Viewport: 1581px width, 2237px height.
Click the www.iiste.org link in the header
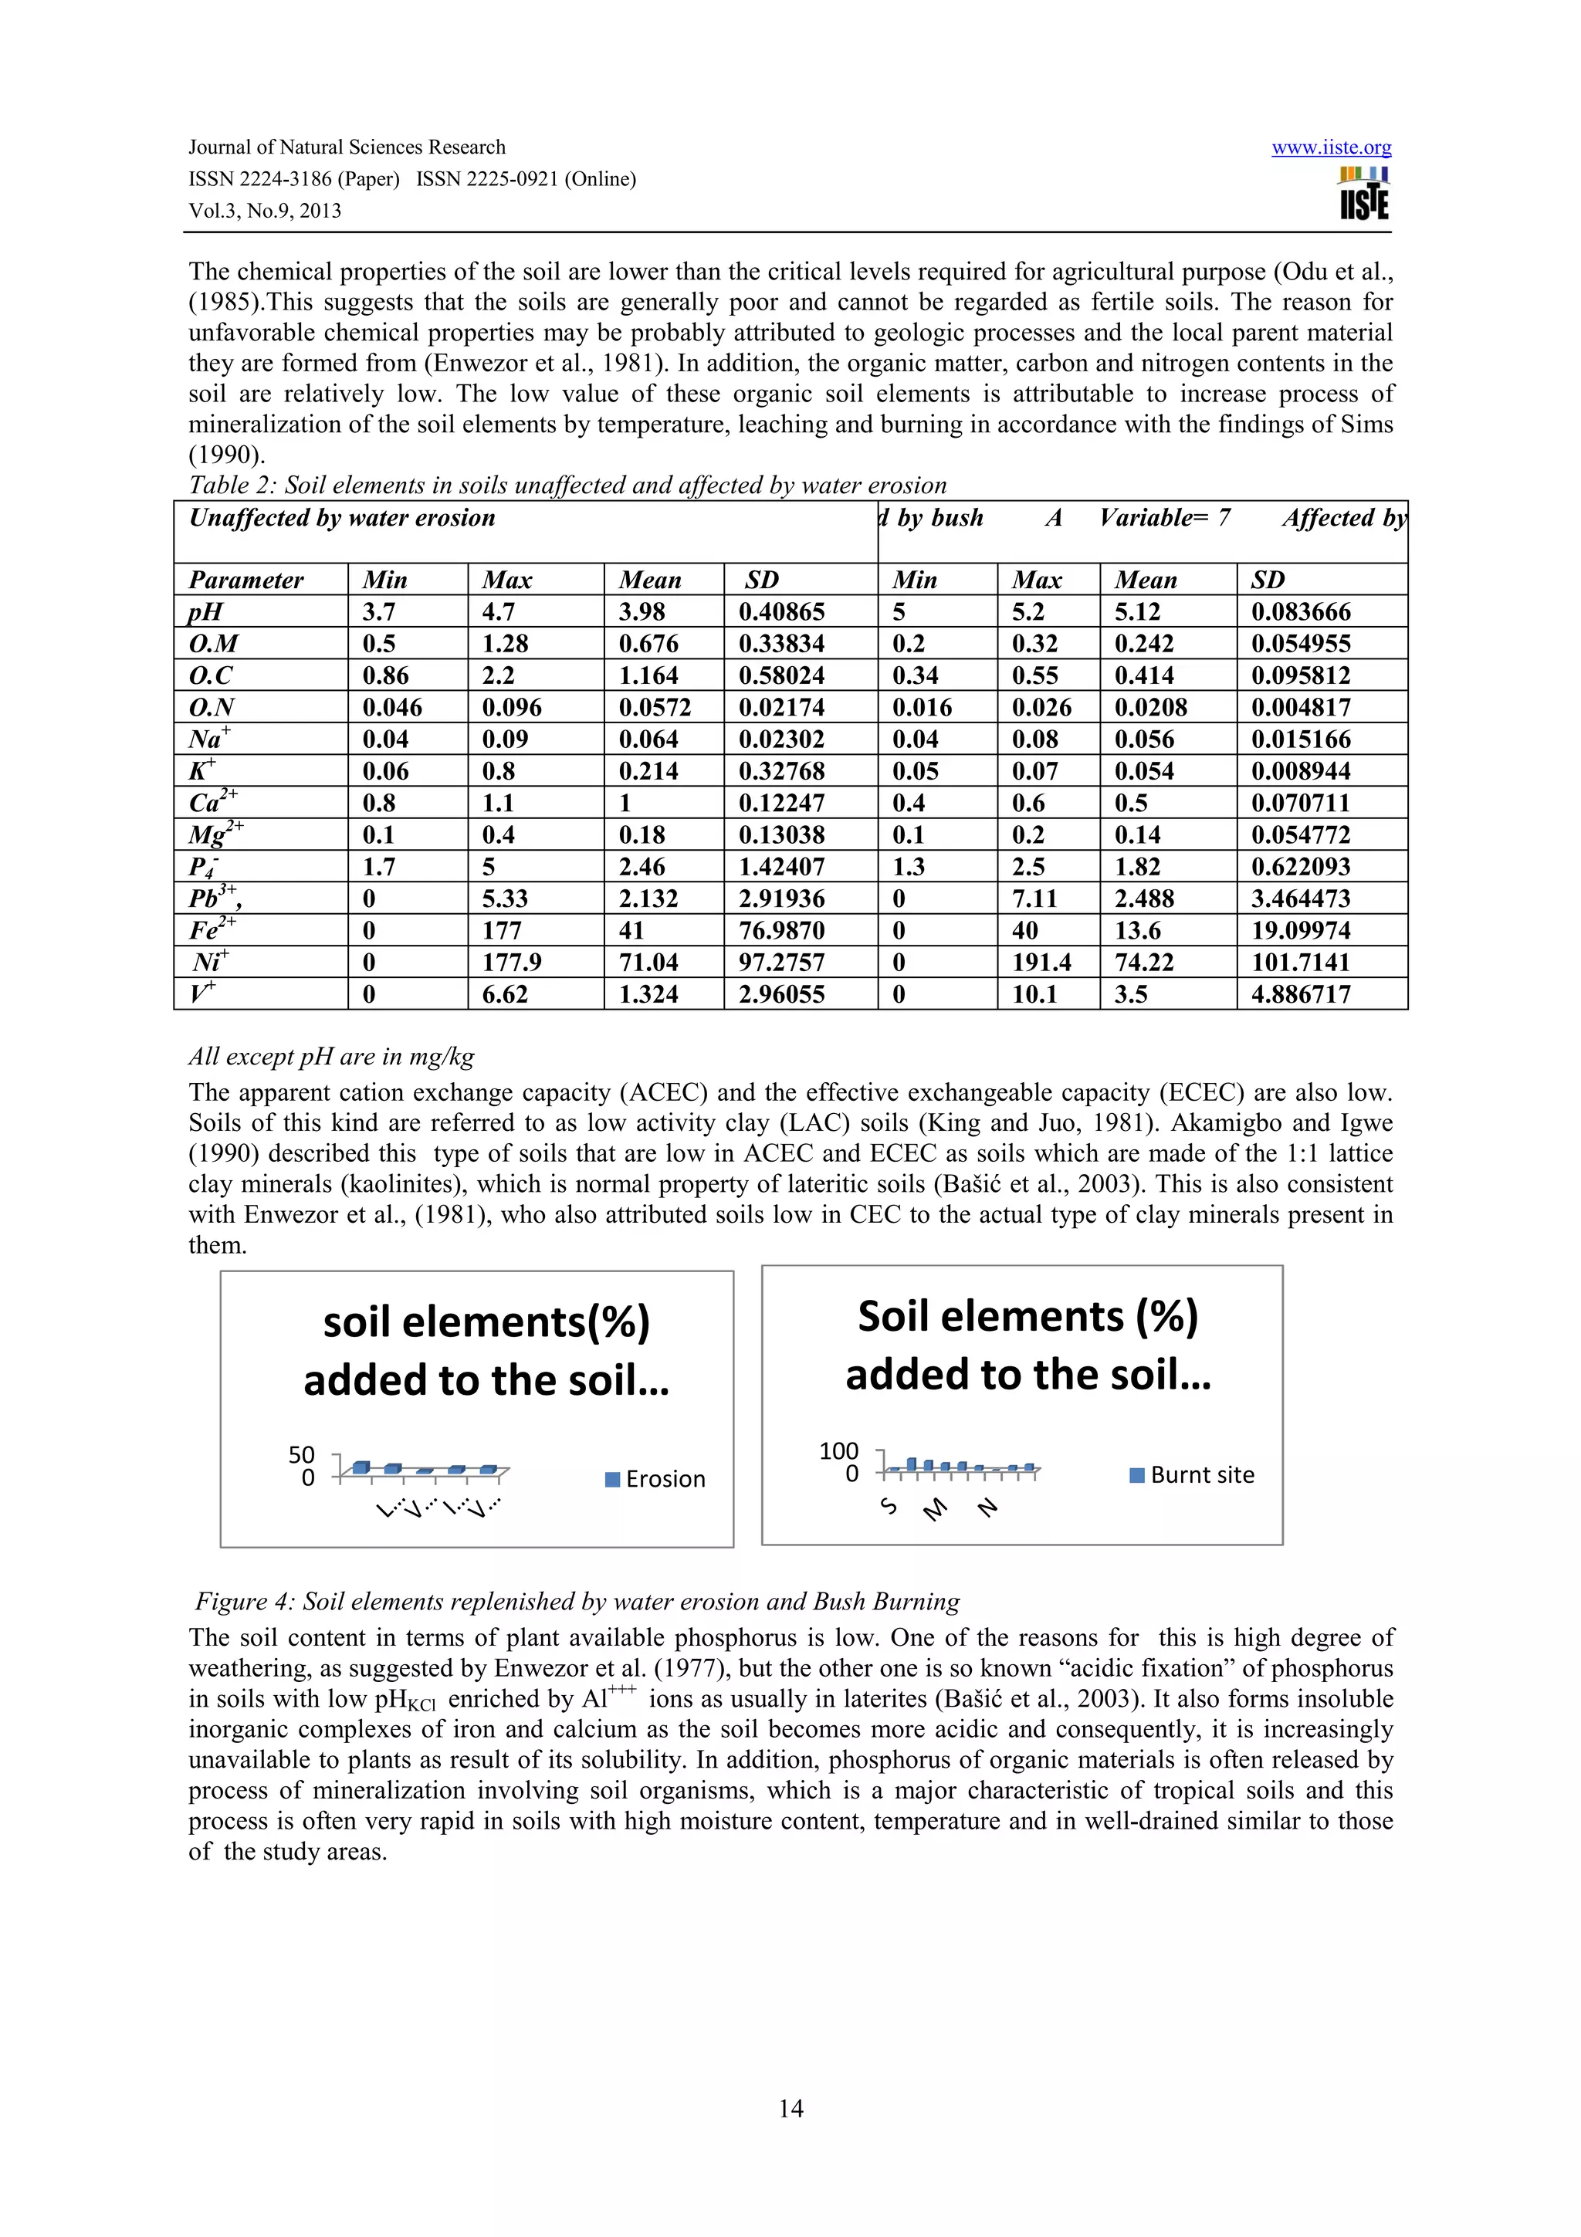pyautogui.click(x=1331, y=147)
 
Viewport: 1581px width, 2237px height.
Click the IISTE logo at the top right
pyautogui.click(x=1364, y=194)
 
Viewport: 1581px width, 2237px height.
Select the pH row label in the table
pyautogui.click(x=205, y=612)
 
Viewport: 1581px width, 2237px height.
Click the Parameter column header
pyautogui.click(x=245, y=580)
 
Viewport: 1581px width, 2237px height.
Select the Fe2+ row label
pyautogui.click(x=212, y=929)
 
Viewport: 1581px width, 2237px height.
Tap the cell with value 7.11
pyautogui.click(x=1034, y=899)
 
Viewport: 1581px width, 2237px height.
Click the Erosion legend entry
pyautogui.click(x=655, y=1479)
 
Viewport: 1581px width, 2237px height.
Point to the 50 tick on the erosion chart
pyautogui.click(x=302, y=1454)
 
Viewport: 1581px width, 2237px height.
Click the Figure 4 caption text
pyautogui.click(x=577, y=1602)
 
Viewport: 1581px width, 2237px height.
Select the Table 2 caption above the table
pyautogui.click(x=567, y=486)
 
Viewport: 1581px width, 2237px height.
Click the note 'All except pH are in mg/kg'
pyautogui.click(x=331, y=1056)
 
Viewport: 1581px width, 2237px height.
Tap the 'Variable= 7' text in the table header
pyautogui.click(x=1164, y=517)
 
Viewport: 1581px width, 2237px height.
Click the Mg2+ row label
pyautogui.click(x=215, y=835)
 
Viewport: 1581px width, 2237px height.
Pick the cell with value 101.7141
pyautogui.click(x=1301, y=963)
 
